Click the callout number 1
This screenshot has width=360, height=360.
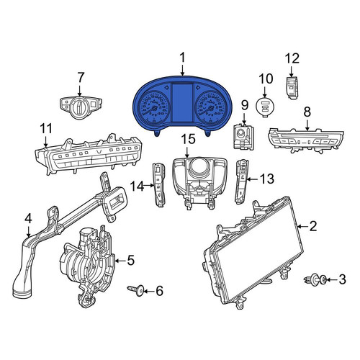[x=183, y=58]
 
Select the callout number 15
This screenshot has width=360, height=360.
[x=188, y=140]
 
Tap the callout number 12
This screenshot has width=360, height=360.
[x=292, y=58]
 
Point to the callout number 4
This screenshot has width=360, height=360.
[x=28, y=219]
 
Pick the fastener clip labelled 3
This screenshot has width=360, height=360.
[x=315, y=280]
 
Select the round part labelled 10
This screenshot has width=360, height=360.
[x=265, y=107]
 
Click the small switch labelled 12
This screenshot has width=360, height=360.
[x=293, y=87]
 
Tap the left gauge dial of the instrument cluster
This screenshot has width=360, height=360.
[x=155, y=107]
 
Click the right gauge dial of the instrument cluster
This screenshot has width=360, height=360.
[x=209, y=107]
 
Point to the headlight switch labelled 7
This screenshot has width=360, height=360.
[x=80, y=108]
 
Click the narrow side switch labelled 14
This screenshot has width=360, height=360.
[x=159, y=184]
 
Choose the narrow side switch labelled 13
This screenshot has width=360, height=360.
[x=241, y=182]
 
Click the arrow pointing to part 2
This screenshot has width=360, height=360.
[x=303, y=226]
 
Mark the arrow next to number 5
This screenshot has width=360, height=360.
[x=121, y=261]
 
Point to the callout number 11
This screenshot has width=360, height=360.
[x=46, y=128]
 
